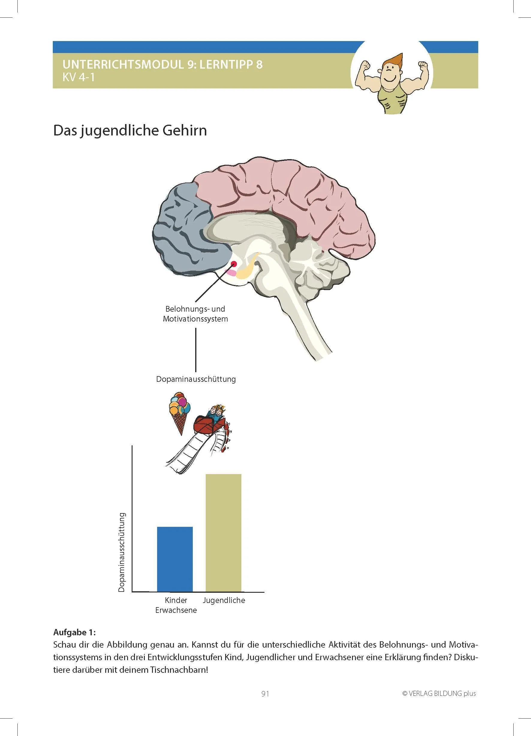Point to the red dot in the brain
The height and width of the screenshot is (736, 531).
pos(234,263)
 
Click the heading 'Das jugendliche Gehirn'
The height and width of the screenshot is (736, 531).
pos(130,130)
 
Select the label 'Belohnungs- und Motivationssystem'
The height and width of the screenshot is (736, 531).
pos(195,314)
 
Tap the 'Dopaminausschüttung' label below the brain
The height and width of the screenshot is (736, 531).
pos(196,379)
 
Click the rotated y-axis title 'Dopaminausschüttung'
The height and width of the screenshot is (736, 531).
pos(122,552)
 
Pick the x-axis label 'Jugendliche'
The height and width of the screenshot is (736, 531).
pos(224,600)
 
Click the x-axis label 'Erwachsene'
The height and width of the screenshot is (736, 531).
pos(176,610)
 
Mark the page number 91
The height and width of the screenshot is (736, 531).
pos(265,694)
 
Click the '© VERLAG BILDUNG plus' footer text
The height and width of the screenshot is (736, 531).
pos(439,693)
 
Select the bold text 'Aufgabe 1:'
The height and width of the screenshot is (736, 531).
pos(74,632)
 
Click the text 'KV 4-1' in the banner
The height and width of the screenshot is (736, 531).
pos(79,78)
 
